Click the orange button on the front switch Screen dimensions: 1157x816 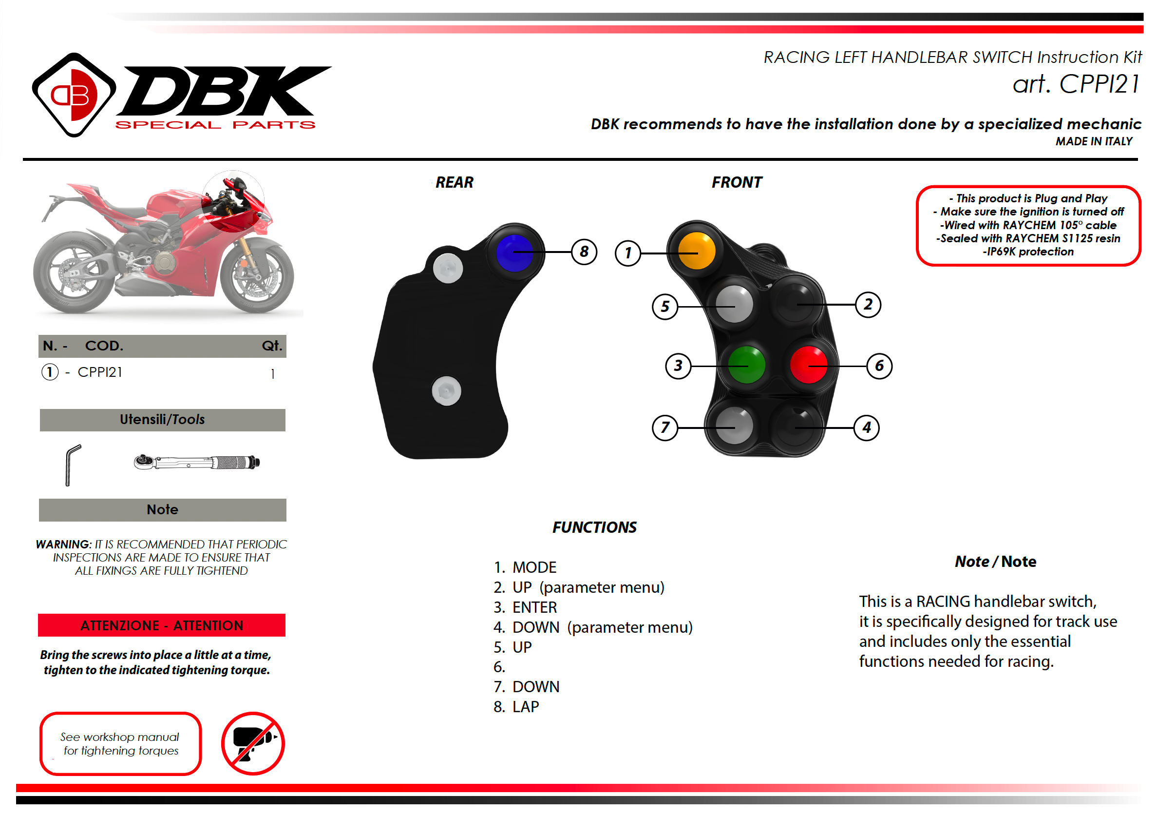point(697,251)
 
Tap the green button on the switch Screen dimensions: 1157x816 point(746,365)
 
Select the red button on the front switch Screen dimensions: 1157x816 point(808,365)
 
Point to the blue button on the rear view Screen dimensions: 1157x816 point(514,253)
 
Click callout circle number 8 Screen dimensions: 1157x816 point(584,252)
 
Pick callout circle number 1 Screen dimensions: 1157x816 point(628,253)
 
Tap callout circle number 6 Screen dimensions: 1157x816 point(879,366)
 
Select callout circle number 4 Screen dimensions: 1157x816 point(866,427)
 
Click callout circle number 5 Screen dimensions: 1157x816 point(664,307)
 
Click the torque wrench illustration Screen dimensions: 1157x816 point(196,462)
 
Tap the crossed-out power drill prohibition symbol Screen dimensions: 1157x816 point(253,743)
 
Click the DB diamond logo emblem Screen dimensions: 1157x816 point(74,95)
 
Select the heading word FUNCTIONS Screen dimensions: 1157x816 point(594,527)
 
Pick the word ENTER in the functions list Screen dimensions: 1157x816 point(535,608)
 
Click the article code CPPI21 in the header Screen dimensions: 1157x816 point(1076,84)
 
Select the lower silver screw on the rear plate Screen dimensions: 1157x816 point(446,391)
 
